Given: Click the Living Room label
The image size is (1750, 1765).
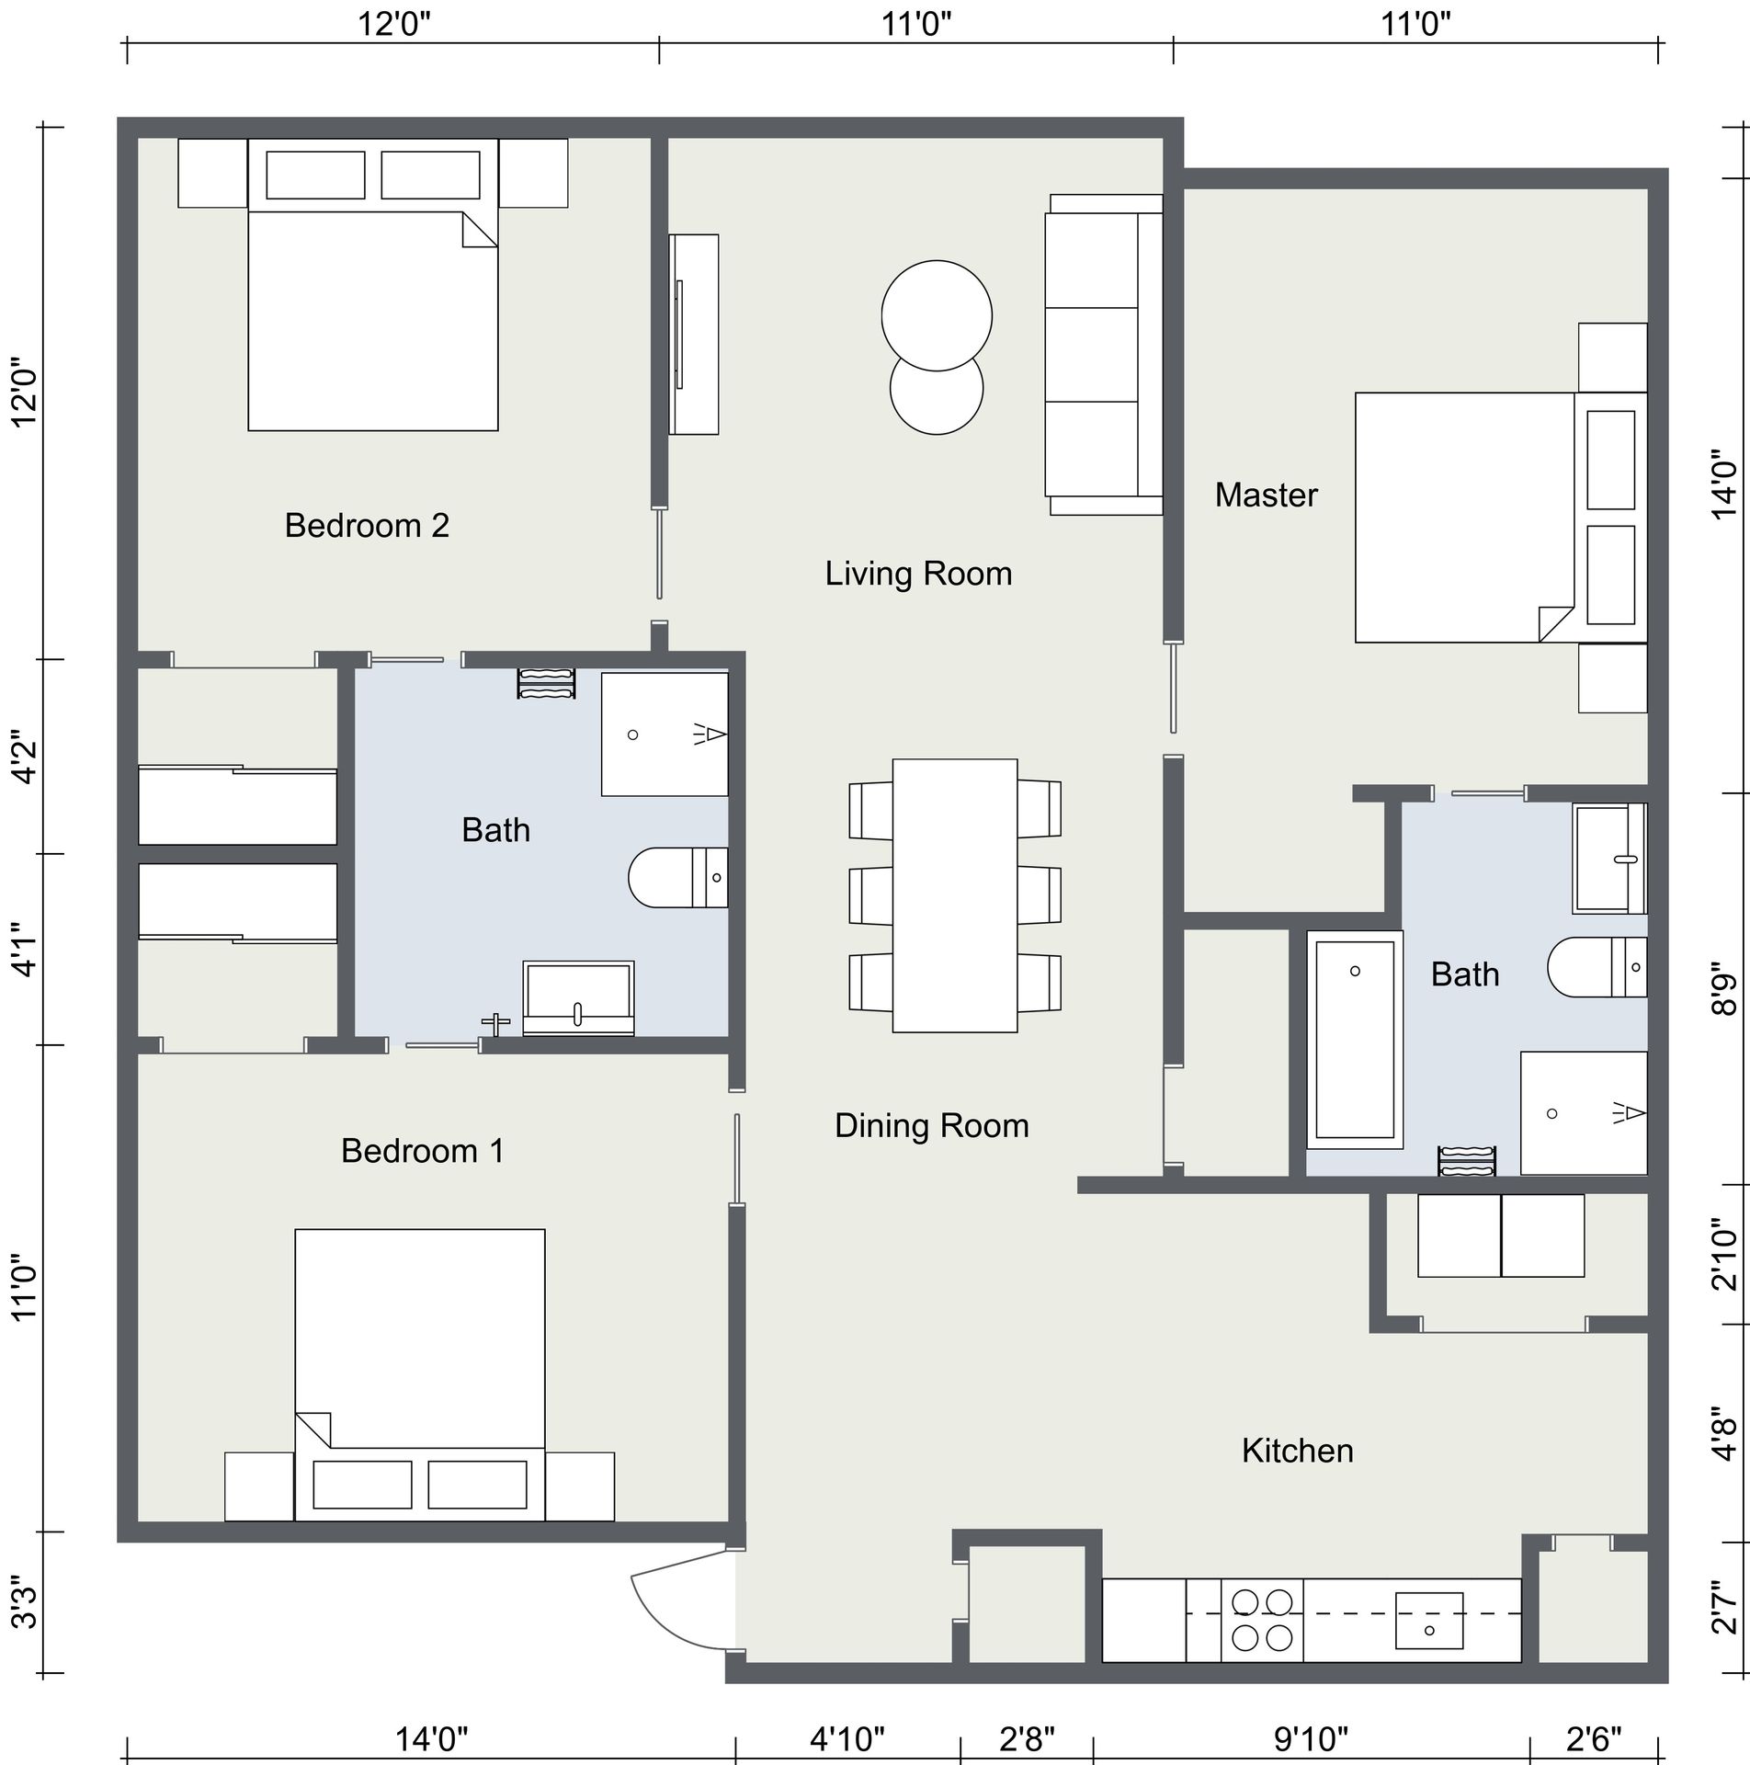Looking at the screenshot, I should (917, 574).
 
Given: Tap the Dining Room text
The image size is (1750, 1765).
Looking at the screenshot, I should (931, 1125).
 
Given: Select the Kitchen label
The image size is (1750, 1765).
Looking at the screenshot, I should (1297, 1451).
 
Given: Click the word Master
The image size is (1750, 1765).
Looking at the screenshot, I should (1266, 495).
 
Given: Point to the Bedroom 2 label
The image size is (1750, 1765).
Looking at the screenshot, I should (367, 526).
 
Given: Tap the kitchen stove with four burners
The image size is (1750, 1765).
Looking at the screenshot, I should (1261, 1620).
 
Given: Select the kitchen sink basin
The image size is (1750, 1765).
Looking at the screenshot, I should (1428, 1621).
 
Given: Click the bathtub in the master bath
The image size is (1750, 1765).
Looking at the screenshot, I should (1354, 1040).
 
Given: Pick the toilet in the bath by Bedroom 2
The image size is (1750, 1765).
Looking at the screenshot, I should (677, 878).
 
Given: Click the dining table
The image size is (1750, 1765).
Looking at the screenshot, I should (954, 895).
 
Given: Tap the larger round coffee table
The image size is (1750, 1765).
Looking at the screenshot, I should (937, 316).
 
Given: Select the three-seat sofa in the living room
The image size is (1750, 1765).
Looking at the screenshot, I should (1103, 355).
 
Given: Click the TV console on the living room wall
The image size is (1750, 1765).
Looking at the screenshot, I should (694, 334).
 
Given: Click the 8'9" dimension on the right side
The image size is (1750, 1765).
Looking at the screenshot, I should (1724, 988).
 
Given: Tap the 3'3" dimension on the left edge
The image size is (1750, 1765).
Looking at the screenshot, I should (26, 1603).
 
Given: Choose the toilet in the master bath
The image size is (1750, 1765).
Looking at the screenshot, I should (1597, 967).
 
